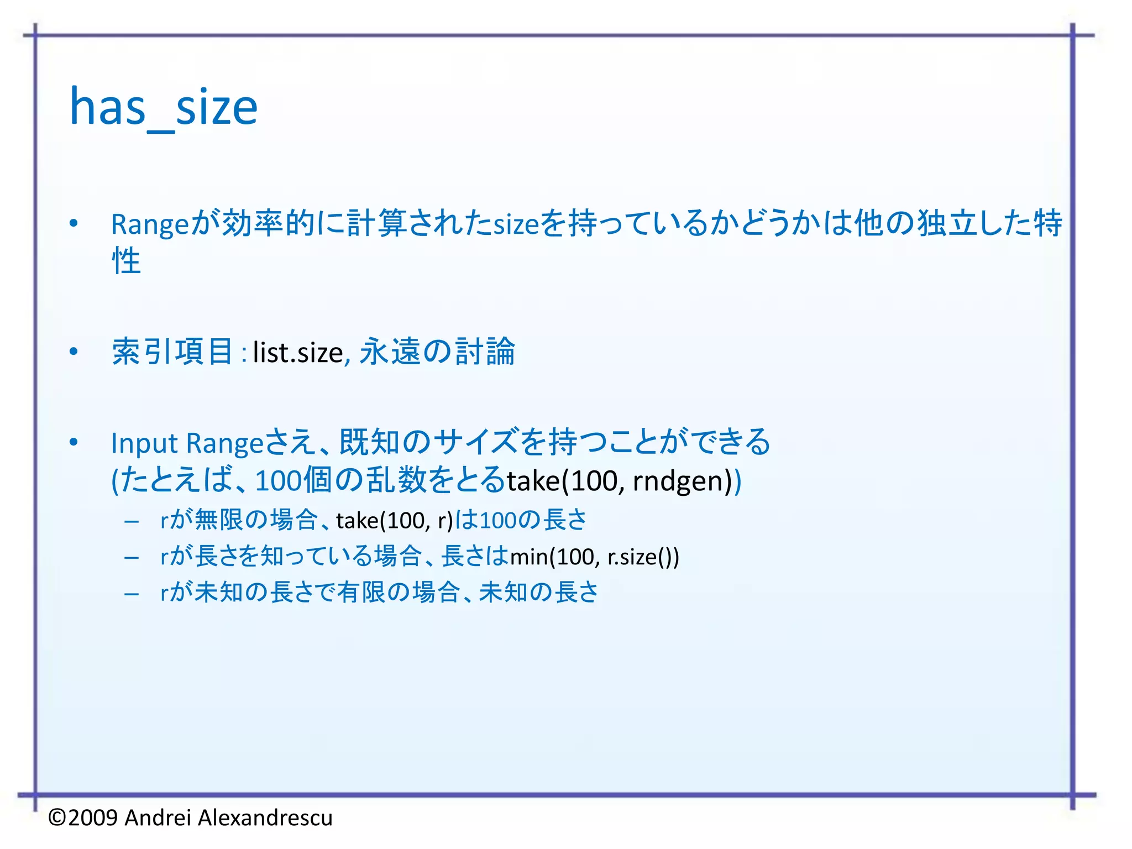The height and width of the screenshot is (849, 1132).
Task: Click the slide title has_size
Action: coord(164,108)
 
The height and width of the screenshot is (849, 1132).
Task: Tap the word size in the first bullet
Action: coord(516,224)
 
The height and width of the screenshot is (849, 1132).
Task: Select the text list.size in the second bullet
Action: coord(298,353)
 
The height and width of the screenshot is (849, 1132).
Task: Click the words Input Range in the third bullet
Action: coord(187,443)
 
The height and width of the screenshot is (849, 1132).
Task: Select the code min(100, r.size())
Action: coord(594,557)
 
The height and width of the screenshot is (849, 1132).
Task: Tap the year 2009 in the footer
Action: coord(93,817)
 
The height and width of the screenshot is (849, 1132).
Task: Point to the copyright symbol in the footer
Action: coord(57,817)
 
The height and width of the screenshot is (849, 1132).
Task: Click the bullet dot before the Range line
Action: coord(74,224)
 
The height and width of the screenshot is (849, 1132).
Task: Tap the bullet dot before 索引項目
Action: coord(74,352)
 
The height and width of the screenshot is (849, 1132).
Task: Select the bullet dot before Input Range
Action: coord(74,443)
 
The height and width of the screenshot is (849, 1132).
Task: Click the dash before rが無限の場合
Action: coord(132,521)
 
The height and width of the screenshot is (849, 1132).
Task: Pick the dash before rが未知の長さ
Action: coord(132,594)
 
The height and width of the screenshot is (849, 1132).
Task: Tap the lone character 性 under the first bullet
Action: coord(127,261)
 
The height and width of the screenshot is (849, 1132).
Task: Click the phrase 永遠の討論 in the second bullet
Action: coord(437,352)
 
